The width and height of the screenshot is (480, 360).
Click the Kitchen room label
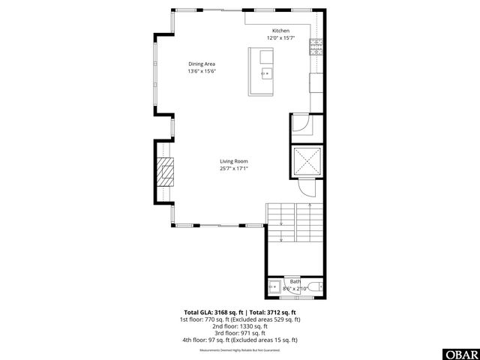pyautogui.click(x=281, y=31)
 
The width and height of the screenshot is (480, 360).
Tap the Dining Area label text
pyautogui.click(x=202, y=64)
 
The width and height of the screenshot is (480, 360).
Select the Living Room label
pyautogui.click(x=234, y=161)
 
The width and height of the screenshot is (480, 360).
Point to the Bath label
pyautogui.click(x=295, y=281)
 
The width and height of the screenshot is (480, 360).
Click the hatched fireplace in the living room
pyautogui.click(x=164, y=174)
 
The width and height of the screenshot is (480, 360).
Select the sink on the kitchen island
pyautogui.click(x=266, y=72)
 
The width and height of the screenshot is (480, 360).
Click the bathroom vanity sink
pyautogui.click(x=274, y=287)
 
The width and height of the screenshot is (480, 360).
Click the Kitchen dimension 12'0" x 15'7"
pyautogui.click(x=281, y=37)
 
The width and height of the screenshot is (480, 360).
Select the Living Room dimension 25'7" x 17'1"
pyautogui.click(x=234, y=169)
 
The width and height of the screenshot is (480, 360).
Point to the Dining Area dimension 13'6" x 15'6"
pyautogui.click(x=202, y=71)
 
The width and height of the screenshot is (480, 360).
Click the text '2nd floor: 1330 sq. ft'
pyautogui.click(x=240, y=326)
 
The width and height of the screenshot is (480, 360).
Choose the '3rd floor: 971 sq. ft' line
pyautogui.click(x=240, y=333)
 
